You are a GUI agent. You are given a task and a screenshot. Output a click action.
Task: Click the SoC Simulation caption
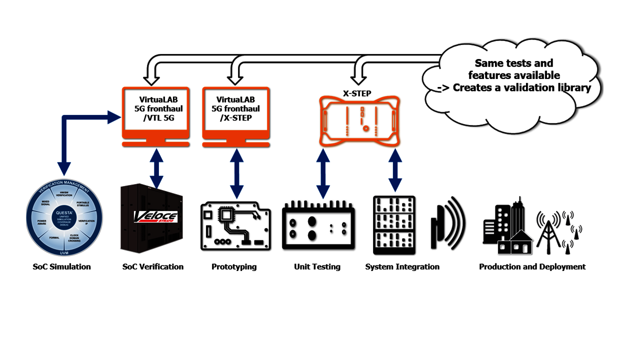[62, 266]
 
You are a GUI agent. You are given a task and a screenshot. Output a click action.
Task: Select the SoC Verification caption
[153, 266]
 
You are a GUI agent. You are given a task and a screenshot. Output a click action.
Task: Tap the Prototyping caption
[234, 266]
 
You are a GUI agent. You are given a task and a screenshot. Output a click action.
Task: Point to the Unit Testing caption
[317, 266]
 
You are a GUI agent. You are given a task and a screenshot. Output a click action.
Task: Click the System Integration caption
[402, 266]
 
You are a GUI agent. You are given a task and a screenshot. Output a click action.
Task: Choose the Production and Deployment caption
[532, 266]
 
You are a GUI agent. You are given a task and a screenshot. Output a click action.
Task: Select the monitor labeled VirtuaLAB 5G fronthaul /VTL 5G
[155, 113]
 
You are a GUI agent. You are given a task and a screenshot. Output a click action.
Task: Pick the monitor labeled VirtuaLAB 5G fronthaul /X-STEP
[236, 113]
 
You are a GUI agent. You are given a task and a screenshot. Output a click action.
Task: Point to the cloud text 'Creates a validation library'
[522, 87]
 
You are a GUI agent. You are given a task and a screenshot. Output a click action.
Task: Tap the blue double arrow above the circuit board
[236, 172]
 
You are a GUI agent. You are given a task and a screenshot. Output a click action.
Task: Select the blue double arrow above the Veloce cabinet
[157, 172]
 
